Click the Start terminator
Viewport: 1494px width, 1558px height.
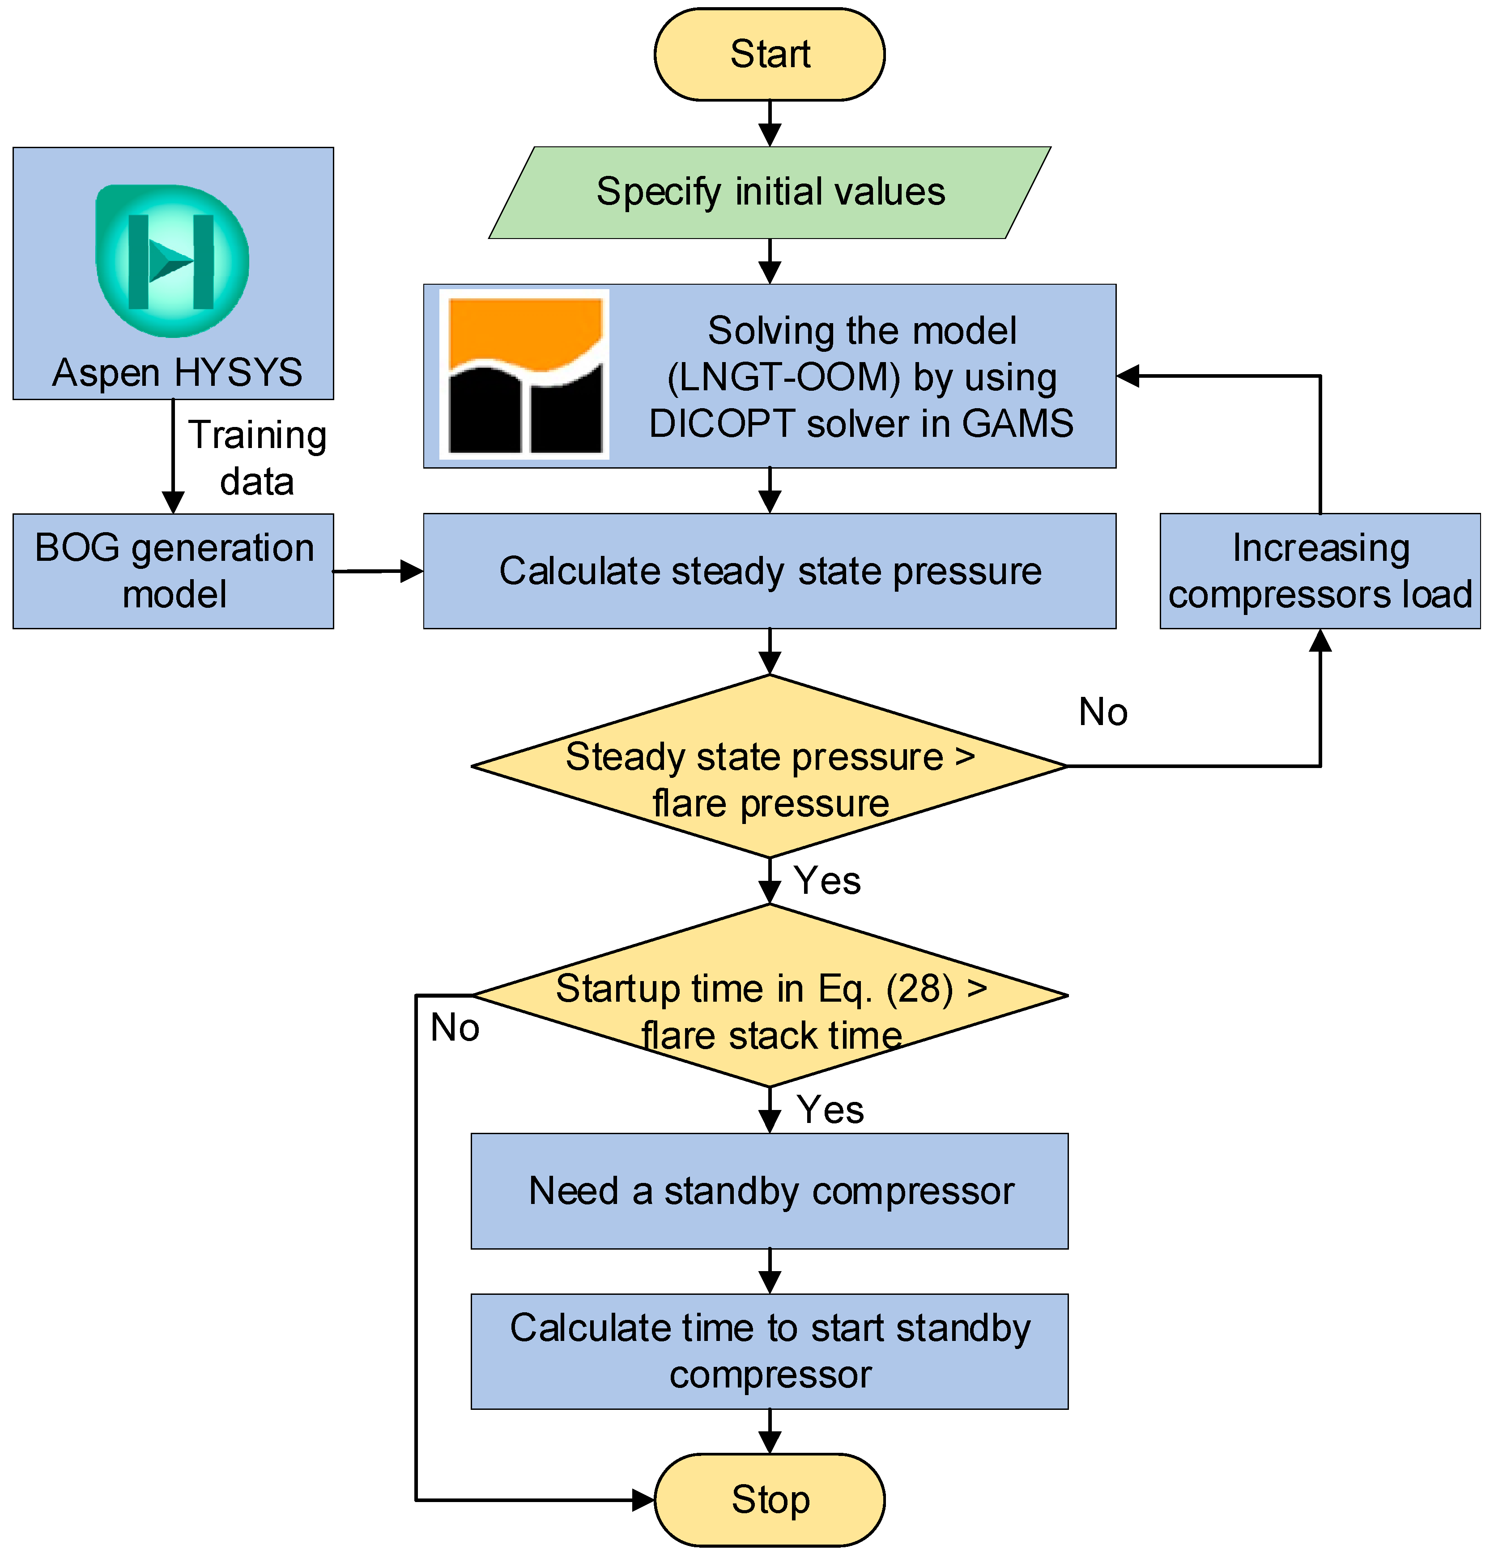click(x=769, y=54)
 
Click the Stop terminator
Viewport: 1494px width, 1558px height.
click(x=769, y=1500)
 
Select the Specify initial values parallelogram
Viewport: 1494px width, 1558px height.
click(x=769, y=192)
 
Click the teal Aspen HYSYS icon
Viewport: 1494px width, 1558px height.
click(x=172, y=261)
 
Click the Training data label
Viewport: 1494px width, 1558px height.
click(x=257, y=458)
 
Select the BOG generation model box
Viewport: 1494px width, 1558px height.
click(x=173, y=571)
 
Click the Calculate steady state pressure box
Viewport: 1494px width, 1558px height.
click(x=769, y=571)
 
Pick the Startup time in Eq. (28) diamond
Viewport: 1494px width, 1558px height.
click(x=769, y=996)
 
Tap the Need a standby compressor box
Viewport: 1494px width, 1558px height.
click(x=769, y=1191)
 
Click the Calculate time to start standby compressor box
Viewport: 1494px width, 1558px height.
click(x=769, y=1351)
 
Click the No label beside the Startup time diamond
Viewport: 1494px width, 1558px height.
click(x=455, y=1028)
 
